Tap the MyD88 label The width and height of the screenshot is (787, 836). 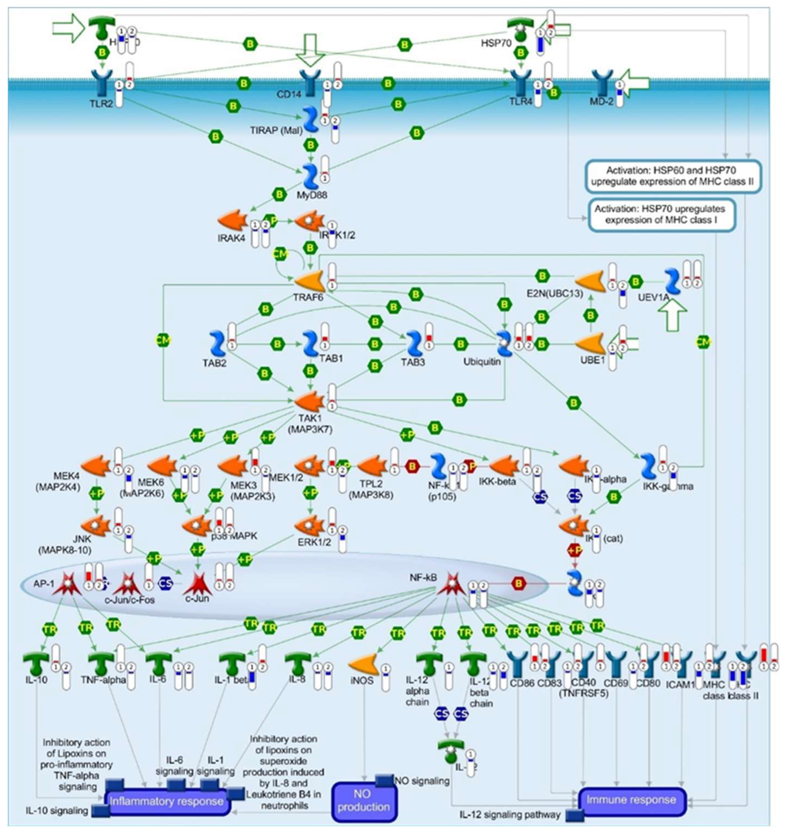[312, 195]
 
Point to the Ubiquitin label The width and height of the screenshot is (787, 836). [482, 362]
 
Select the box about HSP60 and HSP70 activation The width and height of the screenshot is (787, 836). [673, 176]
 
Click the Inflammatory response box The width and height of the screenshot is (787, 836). [167, 801]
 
